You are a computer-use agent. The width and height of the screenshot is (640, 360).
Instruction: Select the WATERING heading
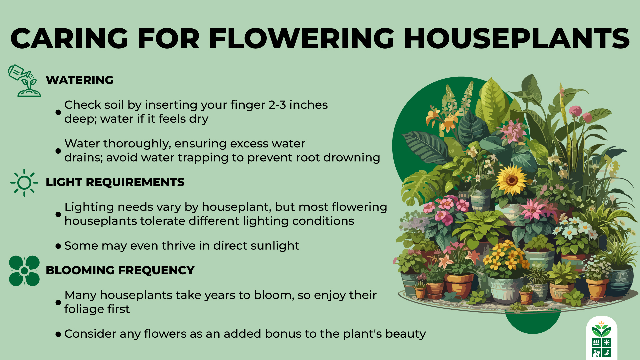click(80, 80)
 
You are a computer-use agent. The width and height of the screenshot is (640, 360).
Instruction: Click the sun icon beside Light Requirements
click(24, 183)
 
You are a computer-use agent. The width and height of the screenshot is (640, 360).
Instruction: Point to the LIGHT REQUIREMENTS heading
click(115, 182)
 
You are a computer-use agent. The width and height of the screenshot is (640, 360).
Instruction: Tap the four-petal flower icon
click(24, 271)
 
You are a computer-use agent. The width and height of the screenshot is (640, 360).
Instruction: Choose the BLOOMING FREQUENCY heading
click(120, 270)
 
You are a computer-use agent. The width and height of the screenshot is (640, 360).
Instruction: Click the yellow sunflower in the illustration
click(511, 180)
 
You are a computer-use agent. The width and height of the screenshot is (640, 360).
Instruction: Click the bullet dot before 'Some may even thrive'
click(58, 246)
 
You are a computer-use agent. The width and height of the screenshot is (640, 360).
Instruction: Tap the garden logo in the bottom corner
click(601, 339)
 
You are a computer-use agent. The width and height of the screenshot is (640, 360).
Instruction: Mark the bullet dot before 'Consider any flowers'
click(58, 334)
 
